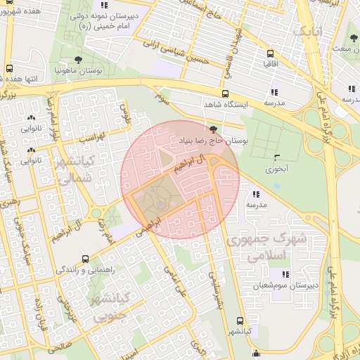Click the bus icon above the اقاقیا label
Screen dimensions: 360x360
pyautogui.click(x=269, y=53)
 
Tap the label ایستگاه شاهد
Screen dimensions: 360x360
pyautogui.click(x=224, y=105)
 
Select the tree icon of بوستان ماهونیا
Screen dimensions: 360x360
pyautogui.click(x=77, y=60)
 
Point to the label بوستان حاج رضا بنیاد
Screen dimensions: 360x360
pyautogui.click(x=214, y=141)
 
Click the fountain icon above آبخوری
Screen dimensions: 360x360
pyautogui.click(x=276, y=157)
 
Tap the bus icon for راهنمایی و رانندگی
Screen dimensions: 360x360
pyautogui.click(x=85, y=259)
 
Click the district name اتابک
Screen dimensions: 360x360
pyautogui.click(x=310, y=32)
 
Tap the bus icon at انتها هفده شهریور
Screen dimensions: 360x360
pyautogui.click(x=9, y=69)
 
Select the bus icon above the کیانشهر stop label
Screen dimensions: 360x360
pyautogui.click(x=240, y=320)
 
